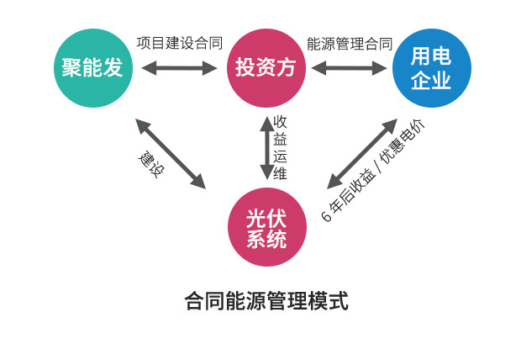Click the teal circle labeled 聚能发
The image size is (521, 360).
tap(93, 68)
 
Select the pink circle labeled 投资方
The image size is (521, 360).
tap(266, 68)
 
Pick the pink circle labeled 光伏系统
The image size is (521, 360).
tap(266, 228)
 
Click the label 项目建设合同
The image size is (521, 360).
tap(179, 43)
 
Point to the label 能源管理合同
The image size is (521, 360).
tap(350, 43)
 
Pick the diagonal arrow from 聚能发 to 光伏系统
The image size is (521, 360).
tap(171, 153)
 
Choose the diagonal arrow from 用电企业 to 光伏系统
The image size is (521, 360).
tap(361, 154)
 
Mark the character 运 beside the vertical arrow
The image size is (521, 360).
tap(281, 156)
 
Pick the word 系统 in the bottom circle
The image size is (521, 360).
tap(266, 240)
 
